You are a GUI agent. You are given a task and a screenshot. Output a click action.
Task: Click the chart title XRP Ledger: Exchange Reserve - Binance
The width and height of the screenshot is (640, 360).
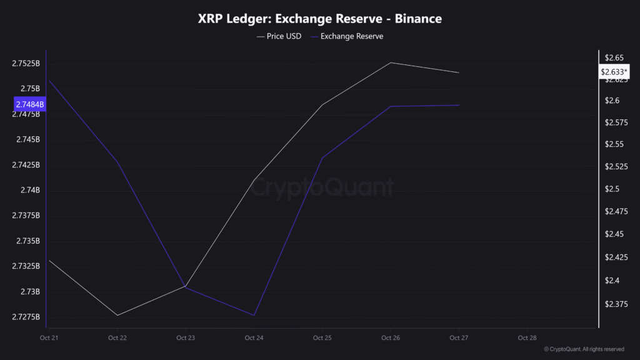pyautogui.click(x=319, y=19)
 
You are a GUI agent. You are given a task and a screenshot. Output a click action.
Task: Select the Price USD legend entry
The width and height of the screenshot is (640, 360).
pyautogui.click(x=279, y=36)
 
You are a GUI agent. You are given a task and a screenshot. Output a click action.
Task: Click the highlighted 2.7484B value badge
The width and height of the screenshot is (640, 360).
pyautogui.click(x=29, y=104)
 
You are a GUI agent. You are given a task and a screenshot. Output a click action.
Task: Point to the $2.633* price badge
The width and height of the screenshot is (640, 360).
pyautogui.click(x=614, y=72)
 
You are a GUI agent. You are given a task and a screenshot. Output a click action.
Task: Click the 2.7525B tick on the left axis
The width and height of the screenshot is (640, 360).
pyautogui.click(x=26, y=64)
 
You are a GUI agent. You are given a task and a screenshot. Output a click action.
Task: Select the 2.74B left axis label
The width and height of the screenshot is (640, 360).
pyautogui.click(x=30, y=190)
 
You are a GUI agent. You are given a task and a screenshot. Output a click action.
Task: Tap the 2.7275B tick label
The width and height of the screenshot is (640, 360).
pyautogui.click(x=26, y=317)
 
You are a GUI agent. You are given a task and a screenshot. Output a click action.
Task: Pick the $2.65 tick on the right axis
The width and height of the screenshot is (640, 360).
pyautogui.click(x=611, y=58)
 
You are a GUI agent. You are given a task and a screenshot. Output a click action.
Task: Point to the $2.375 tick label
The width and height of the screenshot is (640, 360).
pyautogui.click(x=612, y=304)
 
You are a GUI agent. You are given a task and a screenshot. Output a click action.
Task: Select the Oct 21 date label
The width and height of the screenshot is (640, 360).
pyautogui.click(x=49, y=338)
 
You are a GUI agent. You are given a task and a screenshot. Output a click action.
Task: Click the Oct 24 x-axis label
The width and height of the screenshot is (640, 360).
pyautogui.click(x=254, y=338)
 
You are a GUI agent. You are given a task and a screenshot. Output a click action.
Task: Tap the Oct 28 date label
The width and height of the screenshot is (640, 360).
pyautogui.click(x=527, y=338)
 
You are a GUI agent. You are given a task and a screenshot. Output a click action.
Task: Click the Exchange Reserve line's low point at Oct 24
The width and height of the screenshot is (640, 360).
pyautogui.click(x=254, y=315)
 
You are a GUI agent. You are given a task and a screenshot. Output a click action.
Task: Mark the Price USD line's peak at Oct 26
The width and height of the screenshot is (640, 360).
pyautogui.click(x=391, y=62)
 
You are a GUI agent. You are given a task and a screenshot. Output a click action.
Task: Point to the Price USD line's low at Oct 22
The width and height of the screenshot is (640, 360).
pyautogui.click(x=117, y=315)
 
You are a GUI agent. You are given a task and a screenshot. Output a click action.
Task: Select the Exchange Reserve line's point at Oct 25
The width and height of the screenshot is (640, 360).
pyautogui.click(x=322, y=157)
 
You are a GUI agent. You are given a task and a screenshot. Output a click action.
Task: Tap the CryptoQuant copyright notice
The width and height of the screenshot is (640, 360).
pyautogui.click(x=584, y=349)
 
